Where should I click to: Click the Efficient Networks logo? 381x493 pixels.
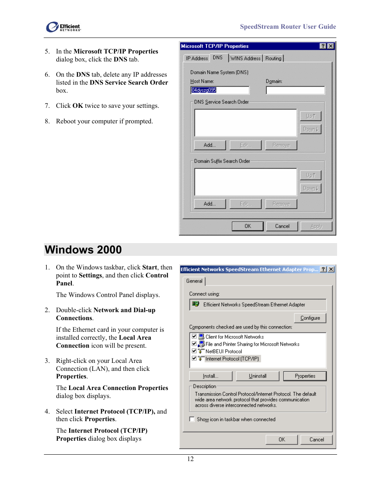pos(63,27)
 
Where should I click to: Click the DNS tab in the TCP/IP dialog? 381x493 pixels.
pos(218,58)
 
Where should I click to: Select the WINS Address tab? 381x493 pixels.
pos(245,58)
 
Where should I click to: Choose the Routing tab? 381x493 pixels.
pos(273,58)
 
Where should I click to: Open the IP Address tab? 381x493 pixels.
pos(197,58)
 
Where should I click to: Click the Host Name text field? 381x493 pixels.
pos(220,90)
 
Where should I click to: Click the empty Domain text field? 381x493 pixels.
pos(295,90)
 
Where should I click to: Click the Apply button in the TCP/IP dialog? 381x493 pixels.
pos(316,226)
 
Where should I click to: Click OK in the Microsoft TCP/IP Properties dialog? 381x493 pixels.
pos(248,226)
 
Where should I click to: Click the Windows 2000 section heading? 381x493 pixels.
pos(83,249)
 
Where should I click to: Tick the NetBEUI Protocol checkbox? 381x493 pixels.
pos(194,351)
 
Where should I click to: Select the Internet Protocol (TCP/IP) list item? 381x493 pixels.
pos(232,359)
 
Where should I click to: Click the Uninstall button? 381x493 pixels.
pos(258,376)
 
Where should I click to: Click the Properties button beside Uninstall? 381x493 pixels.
pos(305,376)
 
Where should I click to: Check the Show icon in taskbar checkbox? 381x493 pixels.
pos(192,419)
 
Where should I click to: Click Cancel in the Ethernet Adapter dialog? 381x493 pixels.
pos(316,440)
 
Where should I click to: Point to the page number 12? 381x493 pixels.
pos(190,459)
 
